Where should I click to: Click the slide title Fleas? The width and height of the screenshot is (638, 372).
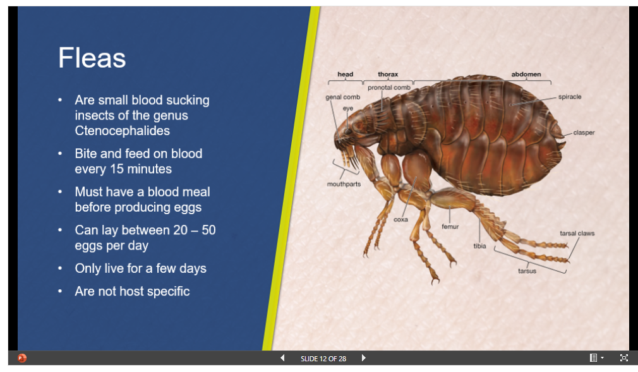(92, 58)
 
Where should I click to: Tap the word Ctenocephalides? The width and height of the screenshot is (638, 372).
(122, 131)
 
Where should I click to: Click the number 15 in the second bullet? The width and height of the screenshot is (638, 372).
(116, 169)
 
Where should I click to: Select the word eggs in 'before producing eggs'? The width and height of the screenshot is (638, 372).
(188, 207)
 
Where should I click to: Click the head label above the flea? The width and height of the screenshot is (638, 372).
(345, 74)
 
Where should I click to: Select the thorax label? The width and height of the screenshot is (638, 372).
(388, 74)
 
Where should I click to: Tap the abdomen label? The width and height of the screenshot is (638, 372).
(526, 74)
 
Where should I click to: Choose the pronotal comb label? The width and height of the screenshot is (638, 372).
(389, 88)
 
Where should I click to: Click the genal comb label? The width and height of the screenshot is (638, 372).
(342, 97)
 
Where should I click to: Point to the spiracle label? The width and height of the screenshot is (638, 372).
(570, 97)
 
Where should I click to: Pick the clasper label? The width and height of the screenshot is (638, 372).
(584, 133)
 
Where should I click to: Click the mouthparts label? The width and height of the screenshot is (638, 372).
(344, 184)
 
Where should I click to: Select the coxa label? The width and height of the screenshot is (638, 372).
(400, 219)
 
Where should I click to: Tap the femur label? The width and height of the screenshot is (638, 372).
(450, 227)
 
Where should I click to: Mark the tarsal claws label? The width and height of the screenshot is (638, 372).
(577, 233)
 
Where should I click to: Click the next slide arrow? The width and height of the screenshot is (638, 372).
(364, 358)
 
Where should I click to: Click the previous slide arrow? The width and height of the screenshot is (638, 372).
(282, 358)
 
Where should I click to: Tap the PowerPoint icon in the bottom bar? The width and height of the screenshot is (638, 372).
(22, 358)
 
